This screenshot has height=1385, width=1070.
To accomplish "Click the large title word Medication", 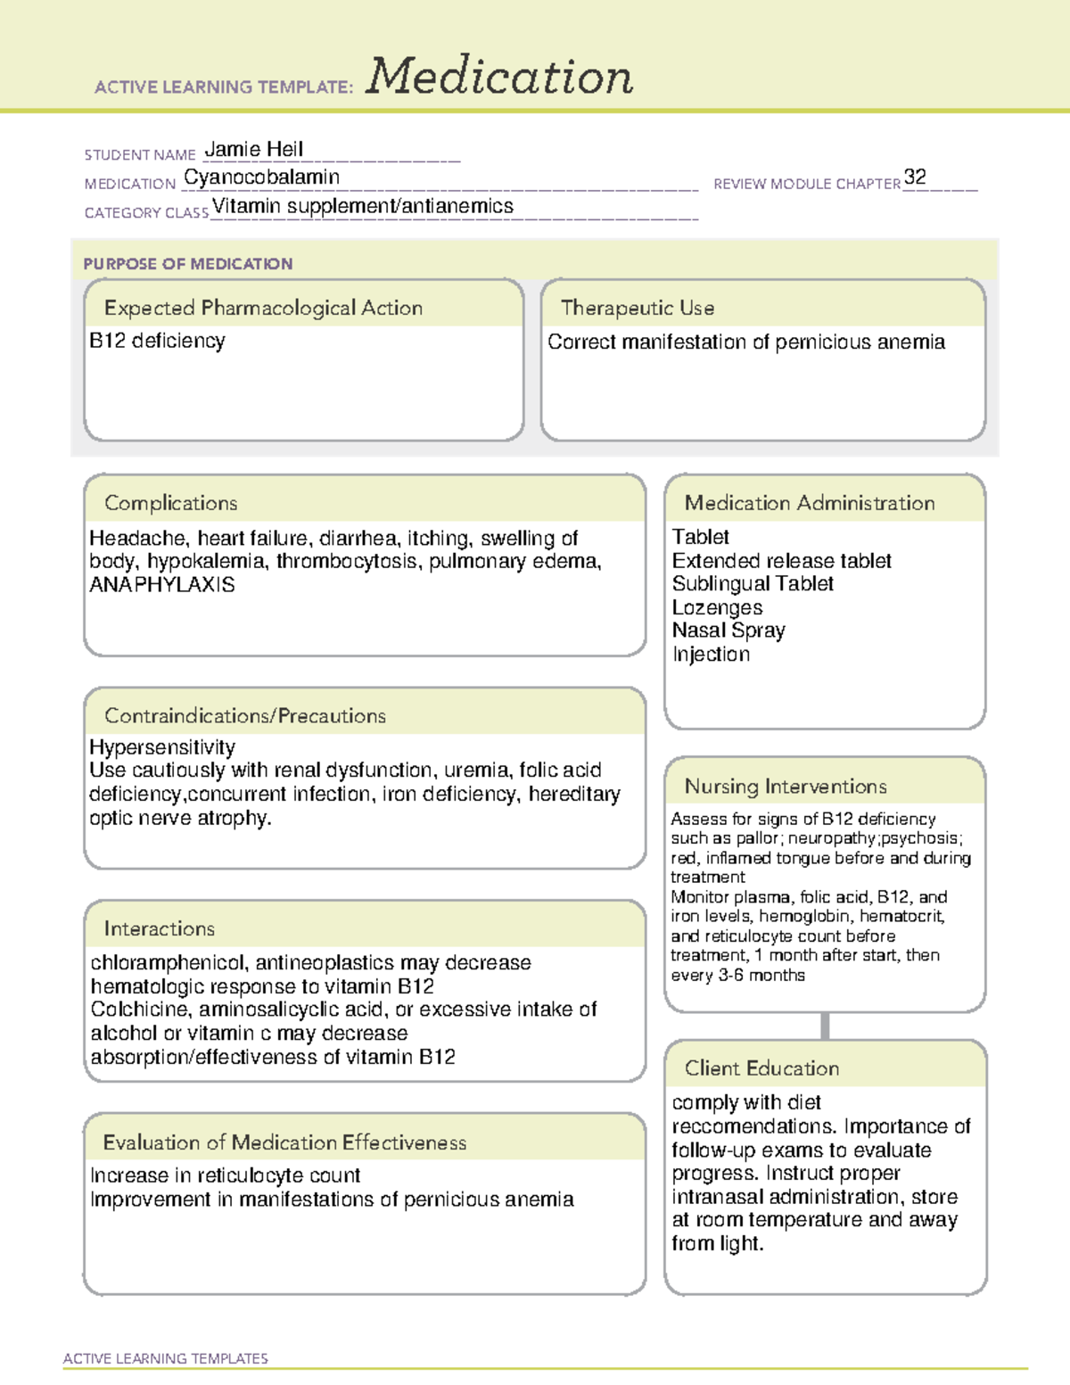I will pyautogui.click(x=499, y=77).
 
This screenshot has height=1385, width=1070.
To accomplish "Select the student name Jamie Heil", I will pyautogui.click(x=254, y=149).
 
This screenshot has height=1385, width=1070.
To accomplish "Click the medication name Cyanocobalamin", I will pyautogui.click(x=261, y=177).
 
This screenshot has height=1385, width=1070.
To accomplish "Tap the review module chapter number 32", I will pyautogui.click(x=915, y=177).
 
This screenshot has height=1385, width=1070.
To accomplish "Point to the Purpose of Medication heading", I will pyautogui.click(x=188, y=264).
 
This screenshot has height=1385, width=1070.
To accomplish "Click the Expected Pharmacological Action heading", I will pyautogui.click(x=263, y=308).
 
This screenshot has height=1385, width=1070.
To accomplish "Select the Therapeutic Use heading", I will pyautogui.click(x=638, y=308).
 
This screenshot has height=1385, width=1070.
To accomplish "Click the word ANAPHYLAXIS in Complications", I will pyautogui.click(x=162, y=585).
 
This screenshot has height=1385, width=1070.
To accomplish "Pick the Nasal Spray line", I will pyautogui.click(x=728, y=631).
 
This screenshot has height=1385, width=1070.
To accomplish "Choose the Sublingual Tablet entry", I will pyautogui.click(x=753, y=583).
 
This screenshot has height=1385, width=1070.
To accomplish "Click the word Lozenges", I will pyautogui.click(x=717, y=607).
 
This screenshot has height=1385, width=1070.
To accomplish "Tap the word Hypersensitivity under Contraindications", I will pyautogui.click(x=162, y=747).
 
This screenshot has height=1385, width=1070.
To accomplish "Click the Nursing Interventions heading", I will pyautogui.click(x=786, y=787).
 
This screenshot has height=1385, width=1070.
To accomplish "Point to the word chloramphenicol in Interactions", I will pyautogui.click(x=169, y=963).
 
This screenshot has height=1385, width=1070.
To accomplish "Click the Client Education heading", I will pyautogui.click(x=761, y=1068).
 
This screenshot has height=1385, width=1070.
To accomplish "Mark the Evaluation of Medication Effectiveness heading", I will pyautogui.click(x=284, y=1142).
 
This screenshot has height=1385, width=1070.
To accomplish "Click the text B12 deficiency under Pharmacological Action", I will pyautogui.click(x=157, y=341).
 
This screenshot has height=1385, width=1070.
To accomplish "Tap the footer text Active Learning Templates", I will pyautogui.click(x=166, y=1358).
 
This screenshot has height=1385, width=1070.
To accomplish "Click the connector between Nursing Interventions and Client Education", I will pyautogui.click(x=825, y=1026).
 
